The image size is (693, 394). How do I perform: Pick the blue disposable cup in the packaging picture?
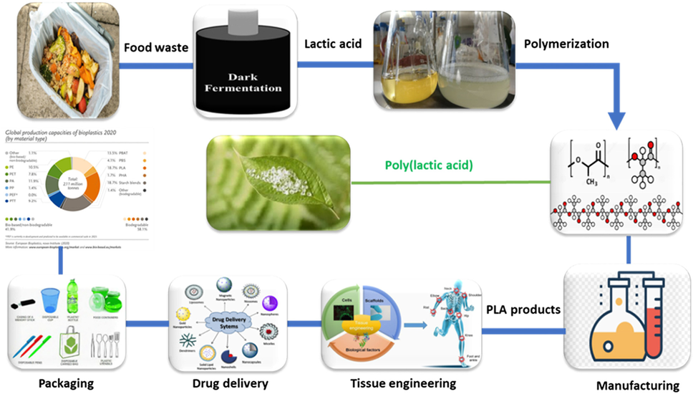49,302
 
